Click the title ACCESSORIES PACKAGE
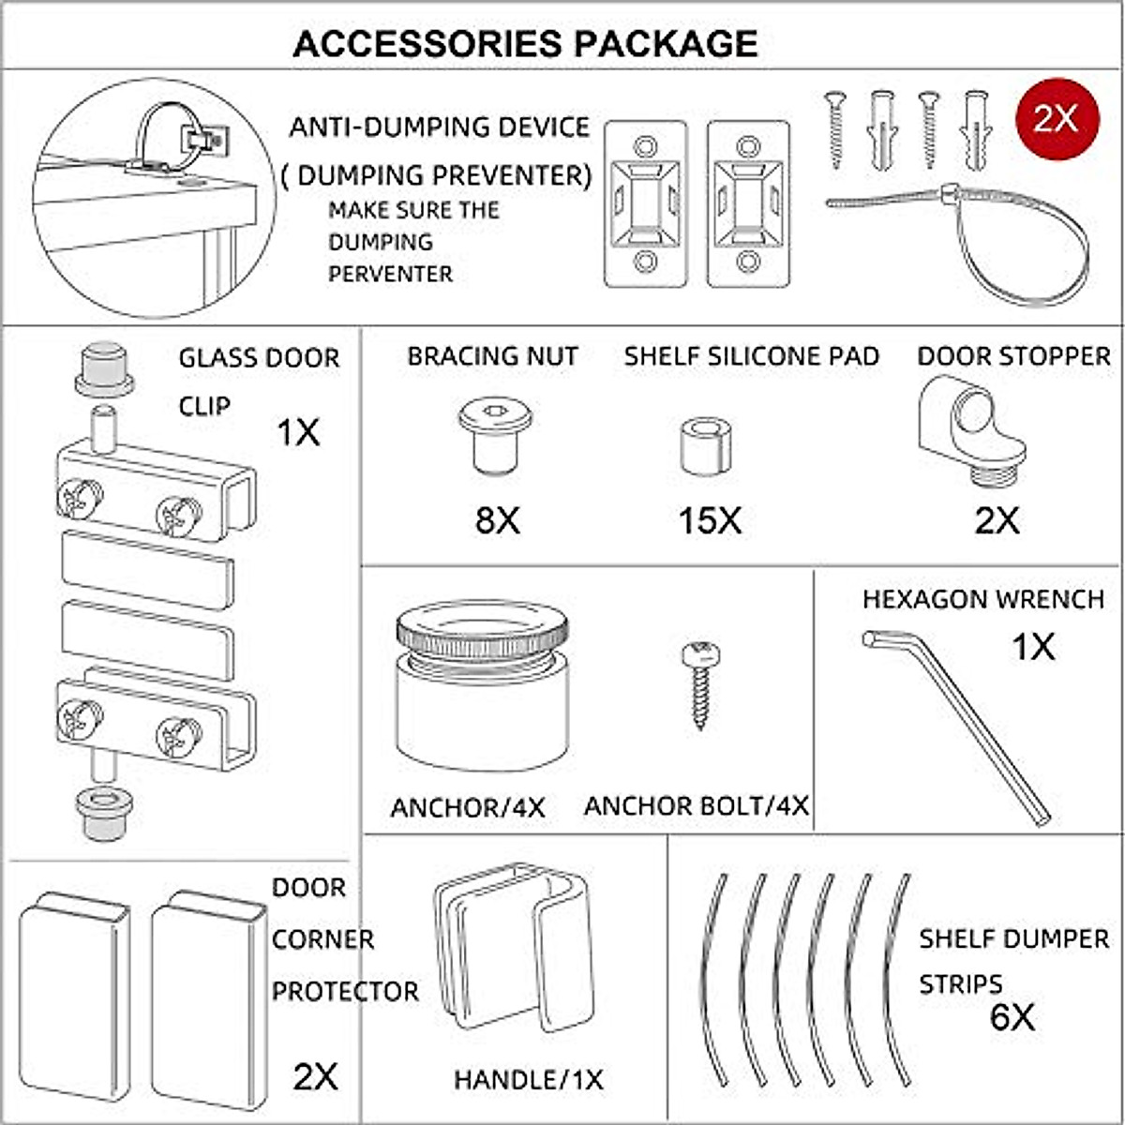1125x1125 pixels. coord(525,44)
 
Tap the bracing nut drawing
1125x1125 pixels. coord(494,436)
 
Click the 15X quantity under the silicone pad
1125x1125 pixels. coord(710,520)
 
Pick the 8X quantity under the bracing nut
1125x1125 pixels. coord(497,520)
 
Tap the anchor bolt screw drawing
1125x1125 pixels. coord(698,684)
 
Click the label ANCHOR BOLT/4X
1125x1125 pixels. coord(696,806)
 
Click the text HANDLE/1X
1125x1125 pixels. coord(528,1080)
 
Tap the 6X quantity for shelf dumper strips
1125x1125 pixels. coord(1012,1017)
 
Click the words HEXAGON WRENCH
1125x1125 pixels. coord(983,600)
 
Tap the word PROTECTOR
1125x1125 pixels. coord(345,991)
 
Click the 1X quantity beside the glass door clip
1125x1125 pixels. coord(298,433)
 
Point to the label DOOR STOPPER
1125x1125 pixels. coord(1013,357)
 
